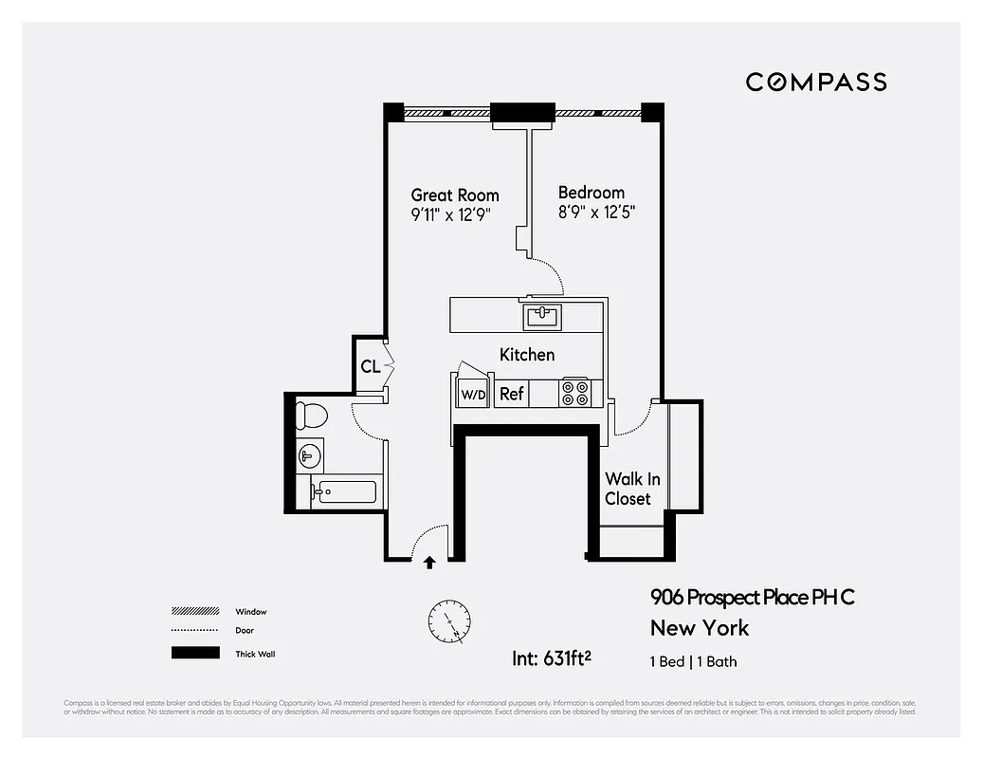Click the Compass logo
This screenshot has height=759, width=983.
pos(816,82)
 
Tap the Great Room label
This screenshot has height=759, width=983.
pos(454,195)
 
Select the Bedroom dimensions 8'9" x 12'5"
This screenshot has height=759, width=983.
pos(595,213)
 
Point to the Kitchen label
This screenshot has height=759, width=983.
pos(527,355)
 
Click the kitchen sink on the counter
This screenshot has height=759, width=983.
pos(542,314)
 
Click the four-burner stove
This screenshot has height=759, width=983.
pos(574,393)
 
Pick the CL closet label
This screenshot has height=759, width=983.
pos(370,366)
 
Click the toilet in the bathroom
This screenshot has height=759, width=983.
pos(310,416)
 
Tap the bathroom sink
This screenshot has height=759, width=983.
pos(308,456)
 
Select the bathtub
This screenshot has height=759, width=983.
pos(343,492)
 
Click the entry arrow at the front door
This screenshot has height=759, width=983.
pos(429,562)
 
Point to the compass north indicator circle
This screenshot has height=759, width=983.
pos(447,621)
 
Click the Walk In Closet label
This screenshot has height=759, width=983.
pos(632,489)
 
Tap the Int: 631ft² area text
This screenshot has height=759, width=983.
pos(552,657)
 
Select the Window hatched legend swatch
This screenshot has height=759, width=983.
pos(194,612)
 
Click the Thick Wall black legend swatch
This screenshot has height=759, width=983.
pos(194,653)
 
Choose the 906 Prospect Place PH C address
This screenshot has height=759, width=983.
pos(752,598)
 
